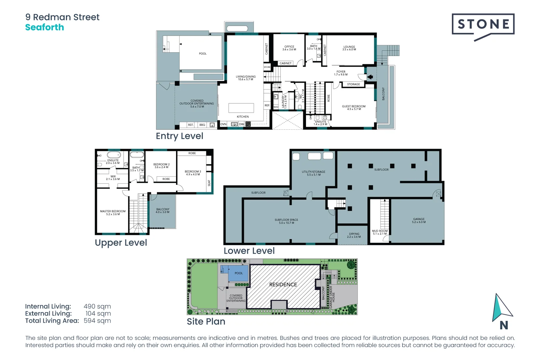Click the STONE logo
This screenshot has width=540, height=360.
[x=483, y=24]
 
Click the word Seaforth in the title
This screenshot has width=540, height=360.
[x=44, y=27]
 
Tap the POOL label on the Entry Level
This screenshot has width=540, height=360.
[x=203, y=53]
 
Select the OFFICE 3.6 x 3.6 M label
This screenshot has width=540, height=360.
[x=289, y=48]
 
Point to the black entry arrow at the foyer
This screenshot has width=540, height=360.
[x=370, y=77]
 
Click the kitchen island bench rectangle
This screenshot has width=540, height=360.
[x=241, y=108]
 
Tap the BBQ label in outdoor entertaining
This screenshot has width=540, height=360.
[x=202, y=125]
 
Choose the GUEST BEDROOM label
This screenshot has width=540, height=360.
[x=354, y=107]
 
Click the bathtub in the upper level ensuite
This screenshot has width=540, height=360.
[x=114, y=155]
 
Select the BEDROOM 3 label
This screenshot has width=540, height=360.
[x=193, y=173]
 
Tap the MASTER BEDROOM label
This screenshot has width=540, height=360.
[x=113, y=212]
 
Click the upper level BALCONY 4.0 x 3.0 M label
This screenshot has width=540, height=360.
[x=163, y=211]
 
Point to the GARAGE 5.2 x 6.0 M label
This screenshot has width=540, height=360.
[x=419, y=220]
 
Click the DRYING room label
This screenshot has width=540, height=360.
[x=354, y=235]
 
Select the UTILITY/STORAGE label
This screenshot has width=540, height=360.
[x=313, y=173]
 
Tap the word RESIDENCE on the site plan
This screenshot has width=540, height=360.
[x=283, y=284]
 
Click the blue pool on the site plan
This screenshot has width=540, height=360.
[x=238, y=273]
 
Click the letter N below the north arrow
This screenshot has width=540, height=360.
[x=504, y=325]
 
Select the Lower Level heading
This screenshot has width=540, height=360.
[x=249, y=251]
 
